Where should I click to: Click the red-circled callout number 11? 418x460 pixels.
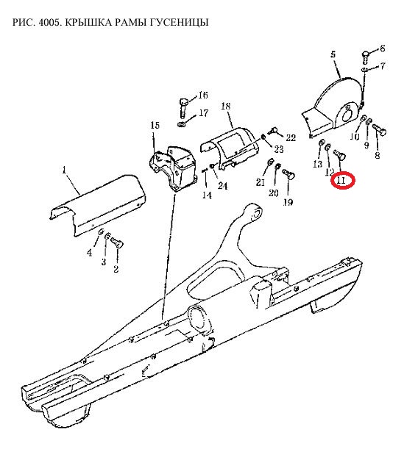pyautogui.click(x=341, y=180)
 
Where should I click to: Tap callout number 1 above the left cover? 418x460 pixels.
pyautogui.click(x=64, y=169)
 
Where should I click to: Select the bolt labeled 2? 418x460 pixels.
pyautogui.click(x=116, y=243)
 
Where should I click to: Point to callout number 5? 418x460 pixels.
pyautogui.click(x=333, y=54)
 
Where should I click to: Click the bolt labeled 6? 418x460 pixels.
pyautogui.click(x=365, y=58)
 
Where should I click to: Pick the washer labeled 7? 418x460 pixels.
pyautogui.click(x=364, y=69)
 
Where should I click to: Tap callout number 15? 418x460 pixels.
pyautogui.click(x=155, y=125)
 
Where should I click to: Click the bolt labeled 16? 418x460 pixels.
pyautogui.click(x=183, y=107)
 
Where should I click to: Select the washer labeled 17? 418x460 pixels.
pyautogui.click(x=181, y=123)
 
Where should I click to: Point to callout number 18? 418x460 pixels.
pyautogui.click(x=226, y=106)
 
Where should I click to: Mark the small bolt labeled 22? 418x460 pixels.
pyautogui.click(x=272, y=130)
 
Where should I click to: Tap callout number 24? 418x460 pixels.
pyautogui.click(x=222, y=186)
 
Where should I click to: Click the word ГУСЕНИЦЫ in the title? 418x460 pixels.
pyautogui.click(x=179, y=22)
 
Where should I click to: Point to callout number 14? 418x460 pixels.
pyautogui.click(x=207, y=195)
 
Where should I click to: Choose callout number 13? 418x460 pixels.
pyautogui.click(x=317, y=164)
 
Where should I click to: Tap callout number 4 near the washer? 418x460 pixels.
pyautogui.click(x=89, y=253)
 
